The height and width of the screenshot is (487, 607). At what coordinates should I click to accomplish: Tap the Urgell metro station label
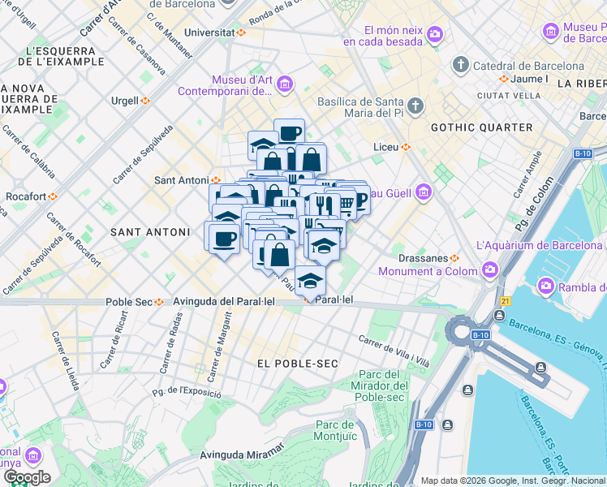pyautogui.click(x=125, y=101)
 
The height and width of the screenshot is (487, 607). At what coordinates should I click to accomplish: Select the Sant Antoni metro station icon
pyautogui.click(x=217, y=180)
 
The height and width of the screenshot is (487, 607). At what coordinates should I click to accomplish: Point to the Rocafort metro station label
pyautogui.click(x=25, y=196)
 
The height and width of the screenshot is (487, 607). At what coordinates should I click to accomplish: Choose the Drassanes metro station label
pyautogui.click(x=424, y=258)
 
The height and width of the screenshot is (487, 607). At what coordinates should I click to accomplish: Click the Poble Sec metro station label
pyautogui.click(x=130, y=302)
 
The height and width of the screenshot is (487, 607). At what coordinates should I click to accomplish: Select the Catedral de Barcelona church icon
pyautogui.click(x=461, y=64)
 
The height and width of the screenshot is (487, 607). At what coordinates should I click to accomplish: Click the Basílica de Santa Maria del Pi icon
pyautogui.click(x=415, y=106)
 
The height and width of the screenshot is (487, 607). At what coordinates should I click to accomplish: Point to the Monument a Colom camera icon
pyautogui.click(x=489, y=269)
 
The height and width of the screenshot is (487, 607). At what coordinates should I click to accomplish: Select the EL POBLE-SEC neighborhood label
pyautogui.click(x=297, y=363)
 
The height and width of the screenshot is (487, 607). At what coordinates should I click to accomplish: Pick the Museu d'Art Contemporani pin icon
pyautogui.click(x=284, y=84)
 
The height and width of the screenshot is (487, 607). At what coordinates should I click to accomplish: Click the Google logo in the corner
pyautogui.click(x=27, y=477)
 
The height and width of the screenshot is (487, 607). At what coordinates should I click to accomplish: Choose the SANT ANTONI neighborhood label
pyautogui.click(x=149, y=232)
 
